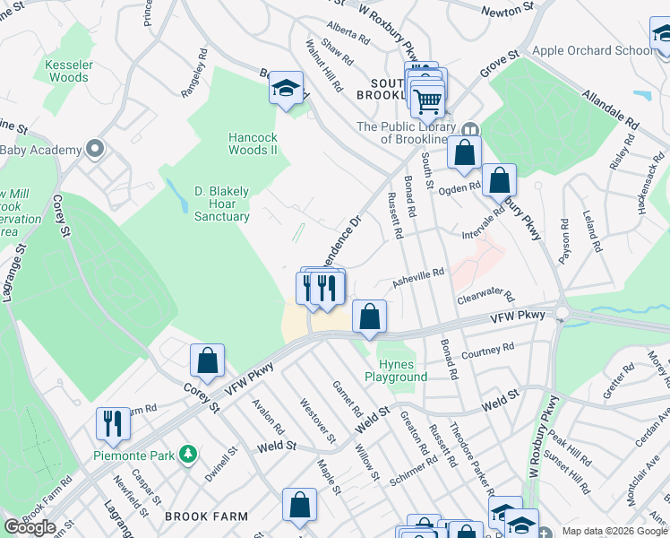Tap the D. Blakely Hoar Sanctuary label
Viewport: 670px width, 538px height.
pos(222,204)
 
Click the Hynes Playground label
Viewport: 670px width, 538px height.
pos(396,370)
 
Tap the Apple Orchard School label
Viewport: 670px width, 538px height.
pos(593,50)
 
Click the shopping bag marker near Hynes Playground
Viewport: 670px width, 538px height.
pos(369,316)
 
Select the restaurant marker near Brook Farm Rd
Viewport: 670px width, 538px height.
pos(113,422)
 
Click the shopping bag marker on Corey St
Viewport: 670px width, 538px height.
pos(207,360)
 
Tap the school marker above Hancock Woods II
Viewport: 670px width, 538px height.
pos(286,88)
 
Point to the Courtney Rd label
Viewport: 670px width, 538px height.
pos(488,350)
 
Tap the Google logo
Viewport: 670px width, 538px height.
pos(30,527)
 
